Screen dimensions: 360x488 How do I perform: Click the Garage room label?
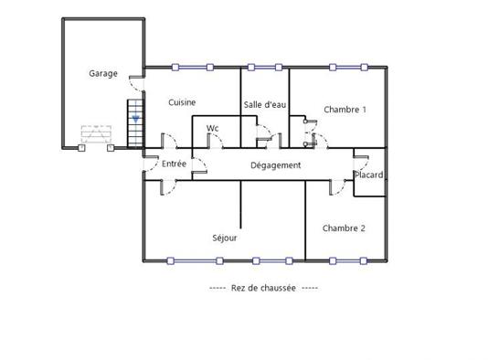(102, 73)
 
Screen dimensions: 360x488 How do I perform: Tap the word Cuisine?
(183, 102)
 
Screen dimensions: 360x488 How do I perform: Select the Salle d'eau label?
(266, 105)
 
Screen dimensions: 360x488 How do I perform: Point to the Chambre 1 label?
(345, 110)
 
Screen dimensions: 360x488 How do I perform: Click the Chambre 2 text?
(344, 228)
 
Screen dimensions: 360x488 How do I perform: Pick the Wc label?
(213, 128)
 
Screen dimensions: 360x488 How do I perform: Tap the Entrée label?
(174, 164)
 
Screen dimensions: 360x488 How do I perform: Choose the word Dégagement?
(276, 165)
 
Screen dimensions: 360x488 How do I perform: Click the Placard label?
(369, 175)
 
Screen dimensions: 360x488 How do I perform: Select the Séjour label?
(225, 238)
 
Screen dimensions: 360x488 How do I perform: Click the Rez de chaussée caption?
(264, 287)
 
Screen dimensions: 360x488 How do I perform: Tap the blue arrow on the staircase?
(135, 118)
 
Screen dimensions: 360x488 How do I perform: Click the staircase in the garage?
(135, 124)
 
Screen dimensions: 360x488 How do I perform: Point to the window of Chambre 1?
(345, 67)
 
